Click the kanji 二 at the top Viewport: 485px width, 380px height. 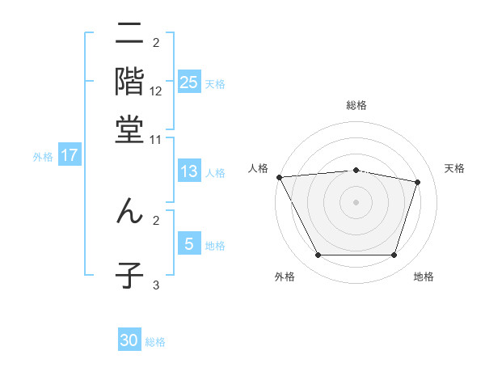click(129, 36)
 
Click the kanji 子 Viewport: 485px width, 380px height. click(129, 275)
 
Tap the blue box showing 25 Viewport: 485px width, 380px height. click(188, 82)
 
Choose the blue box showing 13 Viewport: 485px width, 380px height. click(188, 171)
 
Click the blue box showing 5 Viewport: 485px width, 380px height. click(188, 244)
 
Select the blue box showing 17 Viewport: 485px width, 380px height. click(69, 156)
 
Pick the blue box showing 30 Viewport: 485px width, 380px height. click(129, 340)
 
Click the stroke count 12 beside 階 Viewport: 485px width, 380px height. click(156, 91)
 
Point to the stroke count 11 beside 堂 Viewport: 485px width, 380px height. click(156, 139)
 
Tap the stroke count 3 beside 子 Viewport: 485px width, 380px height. click(156, 285)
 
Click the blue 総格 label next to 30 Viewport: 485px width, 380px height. click(155, 342)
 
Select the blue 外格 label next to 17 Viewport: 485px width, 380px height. click(42, 157)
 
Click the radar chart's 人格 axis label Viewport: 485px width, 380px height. click(258, 168)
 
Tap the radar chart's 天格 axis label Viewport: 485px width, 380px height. click(454, 168)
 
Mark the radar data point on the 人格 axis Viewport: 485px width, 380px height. click(279, 177)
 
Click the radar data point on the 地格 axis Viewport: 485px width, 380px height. click(394, 255)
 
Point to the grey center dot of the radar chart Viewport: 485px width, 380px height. click(356, 201)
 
